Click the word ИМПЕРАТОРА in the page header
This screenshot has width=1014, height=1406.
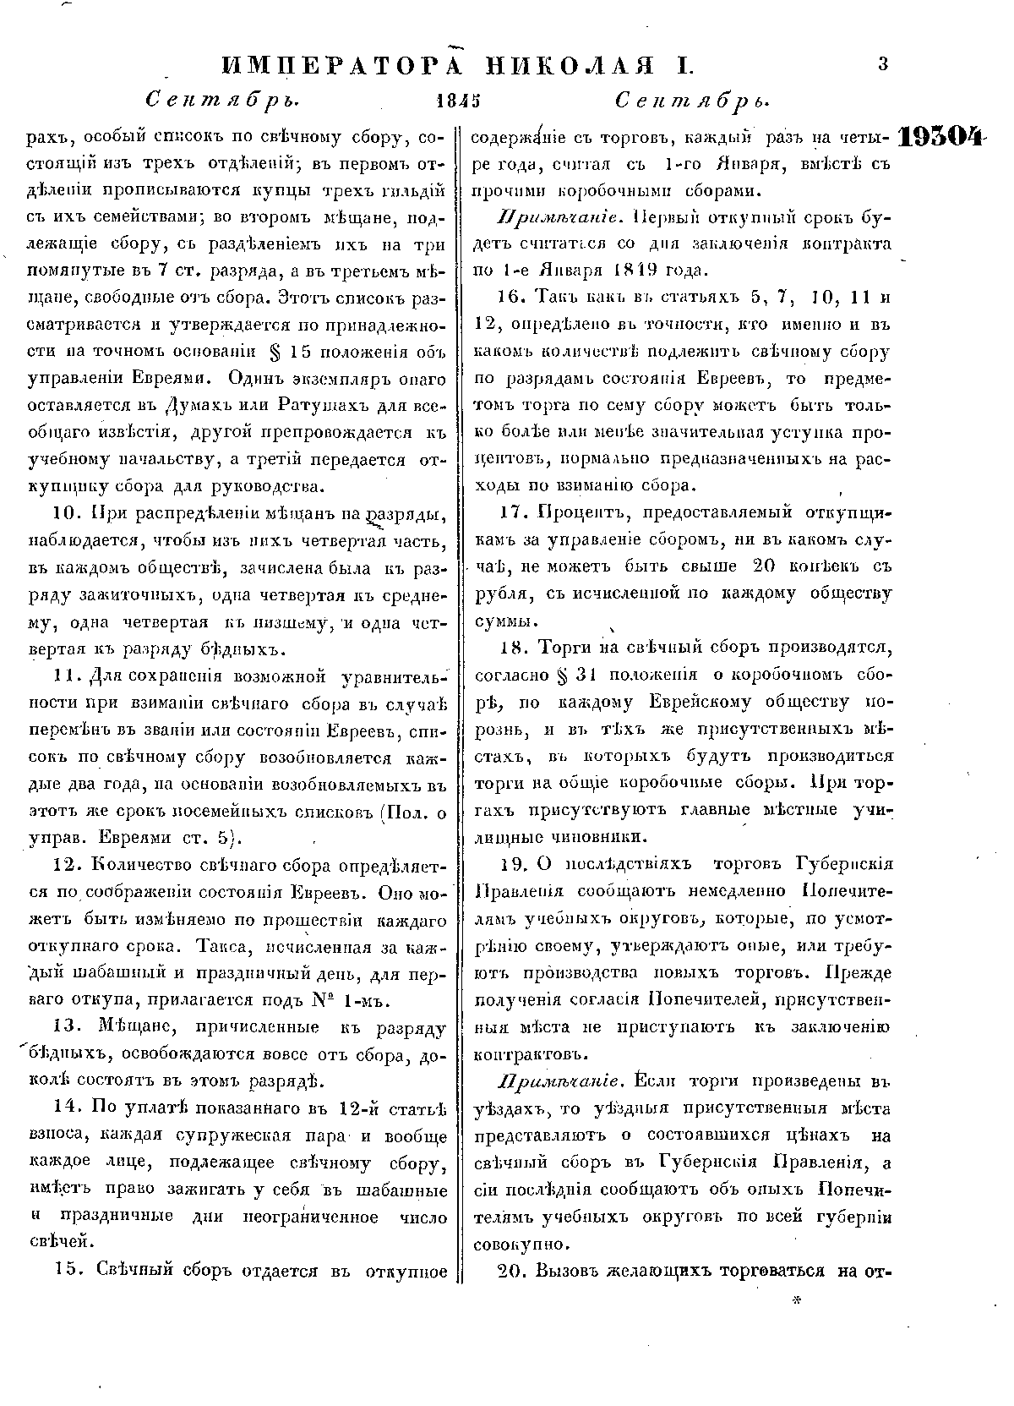pyautogui.click(x=349, y=66)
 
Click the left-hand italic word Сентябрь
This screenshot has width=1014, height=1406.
pyautogui.click(x=224, y=101)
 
